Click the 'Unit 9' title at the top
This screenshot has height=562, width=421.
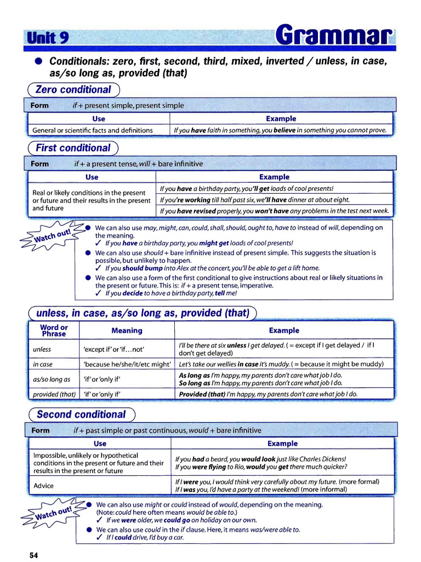click(48, 38)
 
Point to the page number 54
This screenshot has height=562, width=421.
click(34, 555)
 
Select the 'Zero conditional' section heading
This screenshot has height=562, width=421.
click(73, 89)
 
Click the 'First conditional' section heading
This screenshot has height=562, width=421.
click(73, 148)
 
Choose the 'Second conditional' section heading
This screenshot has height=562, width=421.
click(81, 414)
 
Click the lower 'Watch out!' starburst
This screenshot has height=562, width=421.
click(50, 515)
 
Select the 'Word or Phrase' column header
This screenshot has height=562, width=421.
click(53, 330)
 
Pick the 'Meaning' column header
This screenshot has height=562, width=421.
click(127, 330)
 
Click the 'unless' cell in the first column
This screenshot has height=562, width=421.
click(42, 350)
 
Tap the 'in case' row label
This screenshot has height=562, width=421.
click(43, 364)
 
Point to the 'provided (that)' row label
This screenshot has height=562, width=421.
click(54, 394)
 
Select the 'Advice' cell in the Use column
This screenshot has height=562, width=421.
click(44, 486)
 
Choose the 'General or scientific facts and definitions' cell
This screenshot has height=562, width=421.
click(93, 130)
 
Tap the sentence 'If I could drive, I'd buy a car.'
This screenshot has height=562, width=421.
click(145, 537)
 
